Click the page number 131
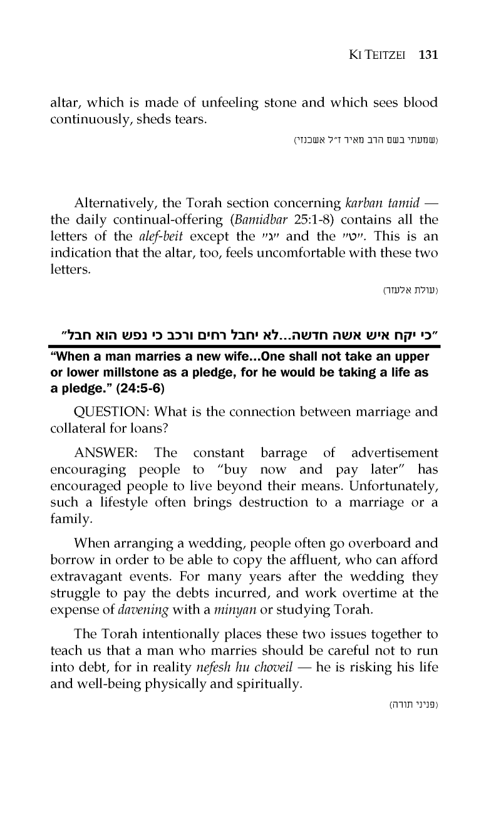pyautogui.click(x=427, y=54)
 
